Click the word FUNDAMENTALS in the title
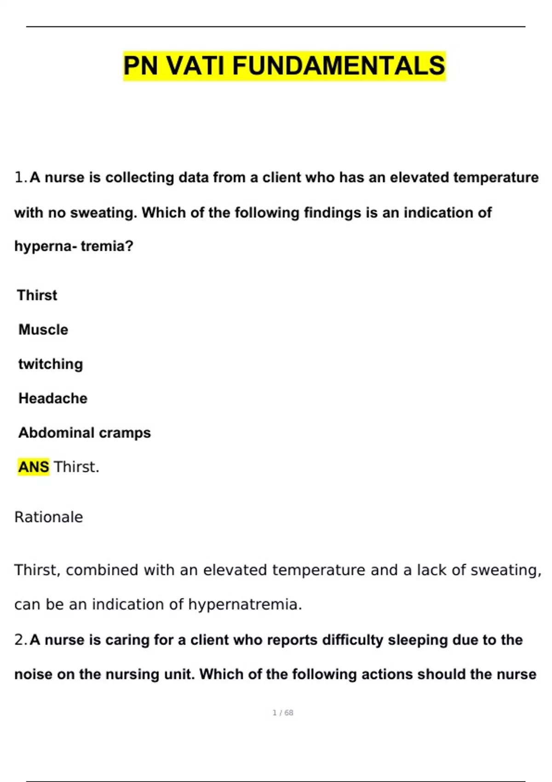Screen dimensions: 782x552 coord(339,65)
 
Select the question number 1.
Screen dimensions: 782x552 coord(20,177)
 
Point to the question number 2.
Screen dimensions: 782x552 coord(20,639)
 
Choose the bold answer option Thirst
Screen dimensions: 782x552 coord(37,295)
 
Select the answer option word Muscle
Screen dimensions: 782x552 coord(43,329)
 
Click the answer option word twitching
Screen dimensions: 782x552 coord(51,364)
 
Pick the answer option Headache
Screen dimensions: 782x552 coord(53,398)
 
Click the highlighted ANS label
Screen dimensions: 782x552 coord(34,467)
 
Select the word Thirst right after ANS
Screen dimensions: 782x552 coord(76,467)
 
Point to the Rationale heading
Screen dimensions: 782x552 coord(49,517)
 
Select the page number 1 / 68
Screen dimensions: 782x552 coord(283,713)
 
